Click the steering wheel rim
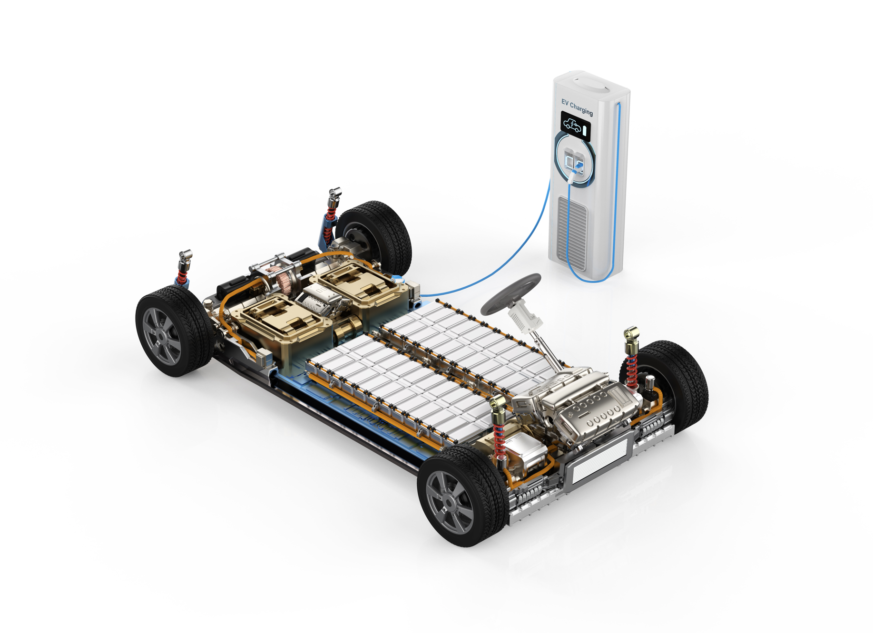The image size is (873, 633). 490,305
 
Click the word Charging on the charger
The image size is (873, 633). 581,109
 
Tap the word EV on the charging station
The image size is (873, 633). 565,102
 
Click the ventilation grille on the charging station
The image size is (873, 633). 572,233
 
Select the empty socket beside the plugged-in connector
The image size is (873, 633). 569,159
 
